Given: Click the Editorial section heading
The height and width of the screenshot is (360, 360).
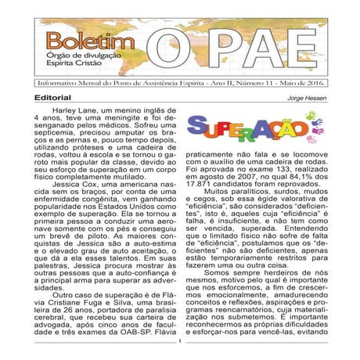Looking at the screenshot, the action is point(52,99).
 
